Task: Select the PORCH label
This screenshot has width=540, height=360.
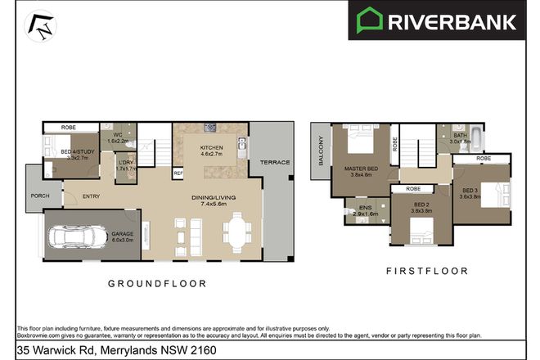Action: (x=38, y=196)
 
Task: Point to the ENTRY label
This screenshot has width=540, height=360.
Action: (x=91, y=195)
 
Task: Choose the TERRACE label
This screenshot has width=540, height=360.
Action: (x=270, y=163)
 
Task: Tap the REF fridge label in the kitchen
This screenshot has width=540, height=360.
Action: (x=178, y=173)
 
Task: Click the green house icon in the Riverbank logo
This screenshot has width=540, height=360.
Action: (x=370, y=20)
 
